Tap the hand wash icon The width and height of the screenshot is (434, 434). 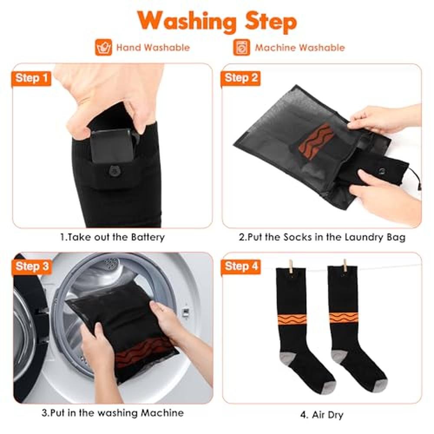click(104, 47)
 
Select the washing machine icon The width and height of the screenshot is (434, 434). click(241, 47)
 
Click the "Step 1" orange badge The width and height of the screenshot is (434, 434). click(31, 78)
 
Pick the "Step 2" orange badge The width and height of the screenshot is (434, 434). click(240, 78)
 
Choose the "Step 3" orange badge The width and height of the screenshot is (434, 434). click(32, 267)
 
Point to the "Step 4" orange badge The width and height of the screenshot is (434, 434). click(241, 267)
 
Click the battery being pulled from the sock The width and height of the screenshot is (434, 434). click(112, 145)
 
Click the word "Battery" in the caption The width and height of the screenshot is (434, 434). click(148, 237)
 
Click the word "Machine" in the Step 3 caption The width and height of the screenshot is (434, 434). click(162, 413)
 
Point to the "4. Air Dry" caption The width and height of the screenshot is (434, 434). click(322, 415)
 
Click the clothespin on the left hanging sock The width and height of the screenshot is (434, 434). click(291, 266)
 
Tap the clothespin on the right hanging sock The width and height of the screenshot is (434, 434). click(345, 266)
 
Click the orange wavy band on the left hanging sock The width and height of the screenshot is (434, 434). click(292, 319)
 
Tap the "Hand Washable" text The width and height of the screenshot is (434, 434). click(153, 48)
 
